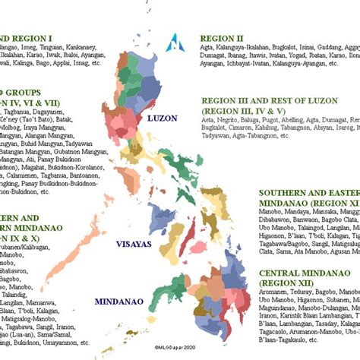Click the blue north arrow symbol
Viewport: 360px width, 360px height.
pos(179,43)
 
